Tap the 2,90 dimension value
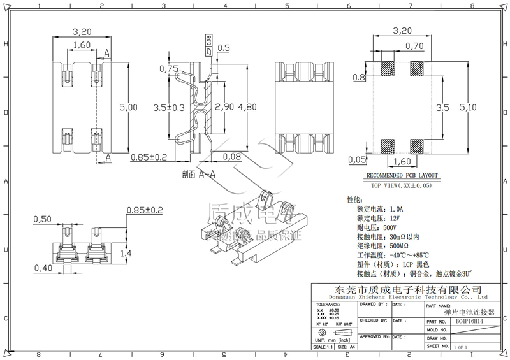click(x=225, y=108)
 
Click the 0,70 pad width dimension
click(x=414, y=46)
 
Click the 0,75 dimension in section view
click(x=169, y=69)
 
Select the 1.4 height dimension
click(x=126, y=253)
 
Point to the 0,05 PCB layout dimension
click(x=358, y=159)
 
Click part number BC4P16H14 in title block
click(x=469, y=322)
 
